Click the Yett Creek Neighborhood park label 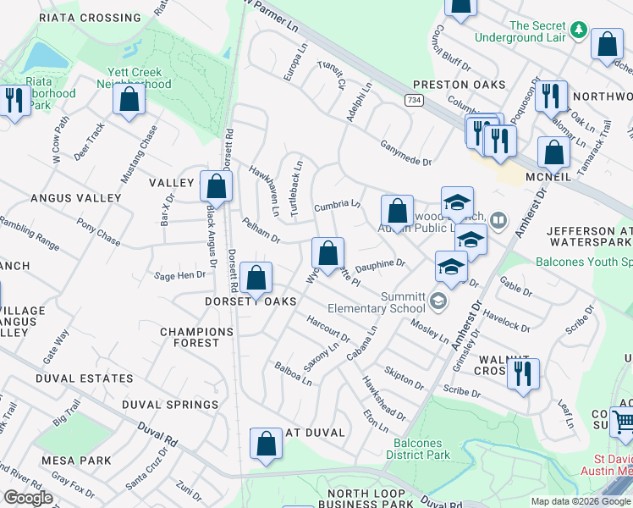(140, 78)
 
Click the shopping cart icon (622, 421)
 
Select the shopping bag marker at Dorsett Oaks (256, 278)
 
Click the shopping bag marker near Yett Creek (129, 98)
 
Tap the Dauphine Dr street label (380, 266)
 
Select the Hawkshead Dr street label (384, 398)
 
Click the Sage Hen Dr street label (179, 275)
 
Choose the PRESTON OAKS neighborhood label (460, 85)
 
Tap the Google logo (28, 498)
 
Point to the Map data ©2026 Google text (580, 501)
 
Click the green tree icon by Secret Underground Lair (579, 30)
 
